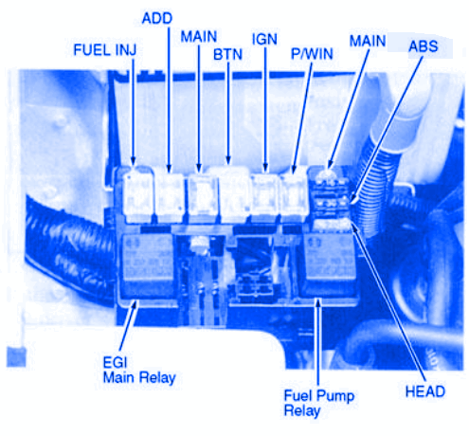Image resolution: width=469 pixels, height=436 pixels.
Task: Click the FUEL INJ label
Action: coord(105,50)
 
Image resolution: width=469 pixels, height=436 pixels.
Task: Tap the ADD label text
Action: coord(157,18)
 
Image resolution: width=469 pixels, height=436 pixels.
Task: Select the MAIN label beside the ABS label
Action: coord(368,41)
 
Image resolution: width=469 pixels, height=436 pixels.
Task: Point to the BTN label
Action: coord(227,54)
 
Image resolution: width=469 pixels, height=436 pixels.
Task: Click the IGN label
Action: coord(264,39)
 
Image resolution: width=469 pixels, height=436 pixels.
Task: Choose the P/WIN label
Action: coord(312,54)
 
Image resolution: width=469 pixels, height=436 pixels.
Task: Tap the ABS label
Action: coord(424,46)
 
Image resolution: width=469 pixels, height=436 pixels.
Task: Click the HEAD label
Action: coord(425,391)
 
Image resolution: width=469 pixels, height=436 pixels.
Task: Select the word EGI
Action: coord(115,362)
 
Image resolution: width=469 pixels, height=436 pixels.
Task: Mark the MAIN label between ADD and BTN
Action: coord(198,37)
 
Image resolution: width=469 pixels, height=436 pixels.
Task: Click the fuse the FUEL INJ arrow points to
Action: coord(138,195)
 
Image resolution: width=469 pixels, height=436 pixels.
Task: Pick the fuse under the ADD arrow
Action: coord(170,196)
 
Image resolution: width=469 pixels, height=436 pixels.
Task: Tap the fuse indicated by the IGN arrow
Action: coord(264,196)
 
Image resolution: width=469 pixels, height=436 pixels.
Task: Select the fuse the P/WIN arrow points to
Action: coord(294,196)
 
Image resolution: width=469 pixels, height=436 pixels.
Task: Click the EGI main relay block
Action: coord(147,264)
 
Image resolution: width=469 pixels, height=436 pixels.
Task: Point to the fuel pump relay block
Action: coord(329,264)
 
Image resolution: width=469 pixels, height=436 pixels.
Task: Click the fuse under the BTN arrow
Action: coord(234,194)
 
